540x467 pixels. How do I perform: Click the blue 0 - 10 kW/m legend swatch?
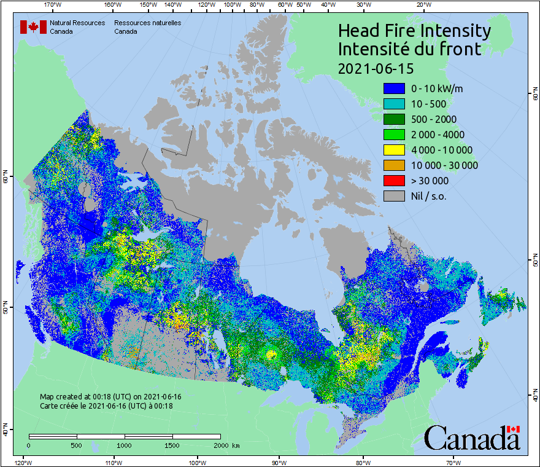pyautogui.click(x=394, y=88)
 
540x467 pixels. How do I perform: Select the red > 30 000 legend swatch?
pyautogui.click(x=394, y=181)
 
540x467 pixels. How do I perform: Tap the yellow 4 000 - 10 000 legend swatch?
pyautogui.click(x=394, y=150)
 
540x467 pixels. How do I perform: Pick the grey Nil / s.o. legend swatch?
pyautogui.click(x=394, y=196)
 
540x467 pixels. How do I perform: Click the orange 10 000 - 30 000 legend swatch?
pyautogui.click(x=394, y=165)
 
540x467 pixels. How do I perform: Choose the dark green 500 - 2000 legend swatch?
pyautogui.click(x=394, y=119)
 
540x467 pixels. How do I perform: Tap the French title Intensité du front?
pyautogui.click(x=410, y=49)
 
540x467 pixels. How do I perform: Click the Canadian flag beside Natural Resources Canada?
pyautogui.click(x=33, y=27)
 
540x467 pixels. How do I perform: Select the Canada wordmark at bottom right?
pyautogui.click(x=472, y=439)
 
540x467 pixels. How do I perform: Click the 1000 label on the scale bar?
pyautogui.click(x=125, y=445)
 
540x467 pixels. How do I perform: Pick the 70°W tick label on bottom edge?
pyautogui.click(x=452, y=462)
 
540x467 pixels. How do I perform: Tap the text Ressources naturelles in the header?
pyautogui.click(x=147, y=23)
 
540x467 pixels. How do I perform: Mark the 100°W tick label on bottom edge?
pyautogui.click(x=197, y=462)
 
